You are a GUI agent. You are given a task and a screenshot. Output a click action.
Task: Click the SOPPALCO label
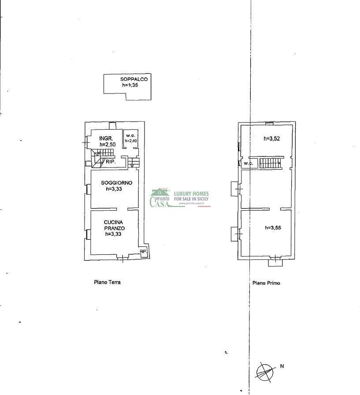[134, 79]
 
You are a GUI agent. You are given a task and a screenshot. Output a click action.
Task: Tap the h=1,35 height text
[130, 85]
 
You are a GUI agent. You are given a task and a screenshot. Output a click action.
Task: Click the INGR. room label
[106, 138]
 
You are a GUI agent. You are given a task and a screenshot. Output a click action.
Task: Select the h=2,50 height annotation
[108, 145]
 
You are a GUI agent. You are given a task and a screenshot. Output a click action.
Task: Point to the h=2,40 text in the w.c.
[131, 141]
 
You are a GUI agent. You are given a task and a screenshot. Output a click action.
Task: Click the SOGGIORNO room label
[117, 183]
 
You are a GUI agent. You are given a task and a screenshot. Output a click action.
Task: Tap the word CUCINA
[113, 222]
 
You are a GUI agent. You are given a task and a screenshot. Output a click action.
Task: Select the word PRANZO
[115, 228]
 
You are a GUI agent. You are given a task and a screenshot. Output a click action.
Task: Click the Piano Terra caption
[107, 282]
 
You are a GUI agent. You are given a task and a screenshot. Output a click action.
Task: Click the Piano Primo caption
[266, 283]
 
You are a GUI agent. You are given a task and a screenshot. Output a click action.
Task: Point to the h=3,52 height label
[271, 138]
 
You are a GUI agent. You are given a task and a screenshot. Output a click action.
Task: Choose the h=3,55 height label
[273, 228]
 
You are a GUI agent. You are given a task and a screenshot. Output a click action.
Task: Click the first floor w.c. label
[248, 164]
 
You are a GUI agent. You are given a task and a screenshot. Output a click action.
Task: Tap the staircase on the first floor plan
[271, 163]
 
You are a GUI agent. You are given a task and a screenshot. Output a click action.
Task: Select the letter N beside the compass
[282, 366]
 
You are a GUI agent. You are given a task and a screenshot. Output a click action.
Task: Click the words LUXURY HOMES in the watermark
[191, 194]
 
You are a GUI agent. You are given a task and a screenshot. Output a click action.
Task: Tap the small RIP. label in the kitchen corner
[143, 251]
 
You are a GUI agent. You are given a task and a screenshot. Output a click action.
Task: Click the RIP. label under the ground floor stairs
[111, 162]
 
